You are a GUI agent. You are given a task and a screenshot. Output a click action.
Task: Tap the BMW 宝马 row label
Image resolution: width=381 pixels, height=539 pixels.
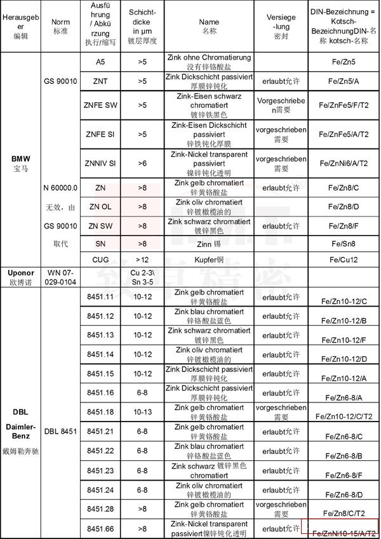pyautogui.click(x=20, y=163)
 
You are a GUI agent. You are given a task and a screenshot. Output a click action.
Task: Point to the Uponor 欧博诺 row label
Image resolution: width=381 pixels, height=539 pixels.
pyautogui.click(x=20, y=277)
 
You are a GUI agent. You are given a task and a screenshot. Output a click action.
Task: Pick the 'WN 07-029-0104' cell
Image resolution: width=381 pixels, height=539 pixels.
pyautogui.click(x=61, y=277)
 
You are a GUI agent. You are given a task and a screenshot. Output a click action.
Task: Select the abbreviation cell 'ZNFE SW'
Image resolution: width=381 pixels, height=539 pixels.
pyautogui.click(x=101, y=105)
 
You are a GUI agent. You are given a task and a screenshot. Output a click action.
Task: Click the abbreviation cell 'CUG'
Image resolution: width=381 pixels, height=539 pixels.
pyautogui.click(x=101, y=259)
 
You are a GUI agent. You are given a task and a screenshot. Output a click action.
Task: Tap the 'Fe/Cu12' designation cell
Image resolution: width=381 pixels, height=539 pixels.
pyautogui.click(x=344, y=260)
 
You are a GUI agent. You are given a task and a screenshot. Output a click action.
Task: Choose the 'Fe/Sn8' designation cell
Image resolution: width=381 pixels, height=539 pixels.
pyautogui.click(x=344, y=243)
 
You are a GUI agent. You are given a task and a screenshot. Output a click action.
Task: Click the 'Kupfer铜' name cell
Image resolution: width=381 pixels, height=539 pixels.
pyautogui.click(x=209, y=260)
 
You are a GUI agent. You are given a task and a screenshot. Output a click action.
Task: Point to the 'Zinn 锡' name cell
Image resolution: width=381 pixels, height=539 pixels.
pyautogui.click(x=209, y=243)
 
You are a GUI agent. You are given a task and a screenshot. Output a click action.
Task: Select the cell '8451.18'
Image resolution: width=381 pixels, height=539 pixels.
pyautogui.click(x=101, y=412)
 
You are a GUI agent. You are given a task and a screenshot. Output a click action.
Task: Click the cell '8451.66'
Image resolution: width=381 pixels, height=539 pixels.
pyautogui.click(x=101, y=528)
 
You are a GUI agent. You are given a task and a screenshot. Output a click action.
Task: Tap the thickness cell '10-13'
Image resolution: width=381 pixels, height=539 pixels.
pyautogui.click(x=142, y=412)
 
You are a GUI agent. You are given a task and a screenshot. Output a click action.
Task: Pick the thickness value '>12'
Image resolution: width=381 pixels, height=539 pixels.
pyautogui.click(x=142, y=259)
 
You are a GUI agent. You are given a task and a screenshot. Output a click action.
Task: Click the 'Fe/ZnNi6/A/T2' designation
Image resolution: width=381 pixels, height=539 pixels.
pyautogui.click(x=344, y=163)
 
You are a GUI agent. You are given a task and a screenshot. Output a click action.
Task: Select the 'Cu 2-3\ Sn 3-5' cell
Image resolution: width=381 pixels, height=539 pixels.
pyautogui.click(x=142, y=277)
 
